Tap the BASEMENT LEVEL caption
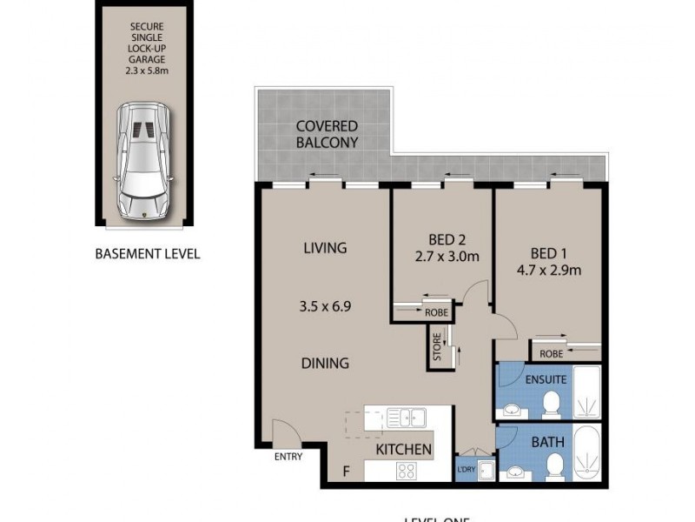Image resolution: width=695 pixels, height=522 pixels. point(147,254)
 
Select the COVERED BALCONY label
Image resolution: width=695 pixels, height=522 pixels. point(327,134)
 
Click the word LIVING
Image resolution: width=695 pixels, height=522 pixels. point(325,248)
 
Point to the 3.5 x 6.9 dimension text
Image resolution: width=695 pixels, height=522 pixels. point(325,306)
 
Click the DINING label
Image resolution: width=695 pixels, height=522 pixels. point(326,363)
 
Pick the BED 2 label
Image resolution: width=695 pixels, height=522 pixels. point(449,239)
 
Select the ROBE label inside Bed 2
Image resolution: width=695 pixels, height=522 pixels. point(435,313)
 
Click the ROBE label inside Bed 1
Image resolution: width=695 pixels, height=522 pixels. point(551,354)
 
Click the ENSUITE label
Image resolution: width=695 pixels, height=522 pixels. point(546,379)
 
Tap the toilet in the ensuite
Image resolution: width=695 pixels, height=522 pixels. point(550,402)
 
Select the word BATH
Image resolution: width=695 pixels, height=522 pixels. point(547,442)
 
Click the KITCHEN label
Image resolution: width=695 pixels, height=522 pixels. point(403,449)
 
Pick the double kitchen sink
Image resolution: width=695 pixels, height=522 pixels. point(406,417)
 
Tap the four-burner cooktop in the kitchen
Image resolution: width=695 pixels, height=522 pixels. point(406,471)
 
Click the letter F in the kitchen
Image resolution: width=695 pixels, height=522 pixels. point(346,472)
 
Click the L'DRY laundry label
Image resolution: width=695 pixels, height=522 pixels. point(466,470)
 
